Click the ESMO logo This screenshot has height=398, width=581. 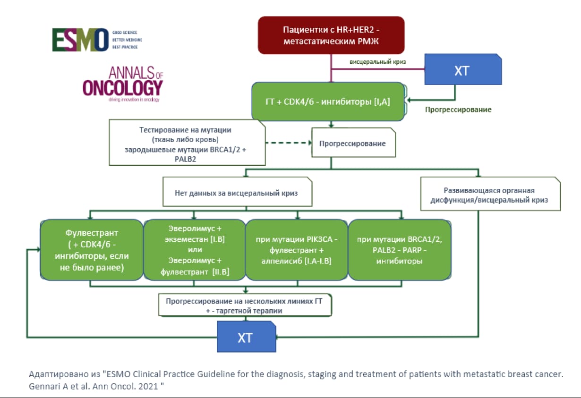click(x=80, y=40)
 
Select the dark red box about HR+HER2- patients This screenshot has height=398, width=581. click(x=331, y=35)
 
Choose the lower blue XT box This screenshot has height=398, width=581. click(x=246, y=336)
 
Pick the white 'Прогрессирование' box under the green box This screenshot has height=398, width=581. click(x=353, y=143)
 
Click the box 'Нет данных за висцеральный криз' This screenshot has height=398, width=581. click(x=237, y=192)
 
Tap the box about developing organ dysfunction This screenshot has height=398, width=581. click(x=489, y=195)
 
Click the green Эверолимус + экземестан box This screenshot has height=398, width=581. click(x=195, y=250)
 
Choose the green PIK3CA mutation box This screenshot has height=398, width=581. click(x=297, y=250)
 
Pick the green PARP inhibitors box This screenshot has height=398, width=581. click(x=400, y=250)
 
